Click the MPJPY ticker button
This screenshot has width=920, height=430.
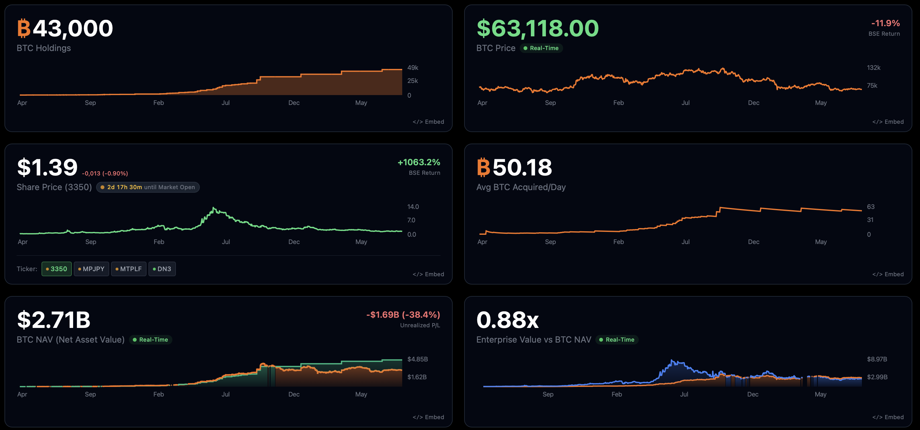[91, 269]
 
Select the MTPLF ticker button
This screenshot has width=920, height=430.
[129, 269]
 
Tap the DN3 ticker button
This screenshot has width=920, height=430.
[162, 269]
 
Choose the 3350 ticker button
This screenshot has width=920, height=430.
[57, 269]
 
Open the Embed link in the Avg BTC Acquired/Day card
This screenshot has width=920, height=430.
[888, 274]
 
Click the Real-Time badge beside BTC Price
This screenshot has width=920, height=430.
[541, 48]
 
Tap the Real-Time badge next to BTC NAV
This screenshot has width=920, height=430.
[150, 340]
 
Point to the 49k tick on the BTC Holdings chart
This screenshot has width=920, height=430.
[412, 67]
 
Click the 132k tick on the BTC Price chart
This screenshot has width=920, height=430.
[874, 67]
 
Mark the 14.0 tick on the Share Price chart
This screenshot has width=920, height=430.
[413, 207]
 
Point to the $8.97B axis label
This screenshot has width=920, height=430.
[877, 359]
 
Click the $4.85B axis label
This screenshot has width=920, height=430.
[418, 359]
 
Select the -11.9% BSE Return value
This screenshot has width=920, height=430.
[885, 23]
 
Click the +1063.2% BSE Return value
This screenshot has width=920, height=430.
[419, 162]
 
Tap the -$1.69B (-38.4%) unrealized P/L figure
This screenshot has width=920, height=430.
[403, 315]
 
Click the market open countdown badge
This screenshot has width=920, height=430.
[148, 187]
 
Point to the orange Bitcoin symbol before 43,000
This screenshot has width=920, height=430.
[24, 28]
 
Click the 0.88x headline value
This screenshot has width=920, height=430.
[507, 320]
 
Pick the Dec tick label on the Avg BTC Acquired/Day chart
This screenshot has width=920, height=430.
[754, 241]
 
